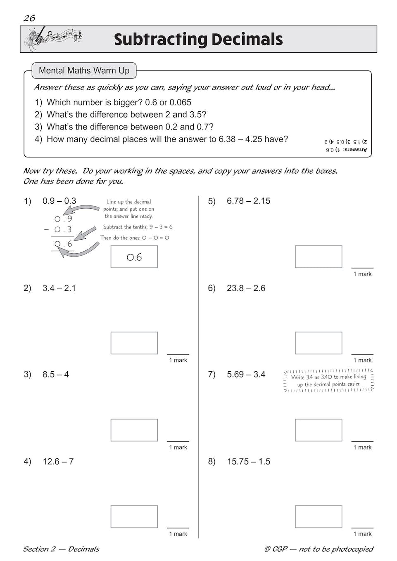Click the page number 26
pyautogui.click(x=29, y=18)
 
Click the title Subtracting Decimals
pyautogui.click(x=198, y=40)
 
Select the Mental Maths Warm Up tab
pyautogui.click(x=84, y=71)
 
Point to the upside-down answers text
pyautogui.click(x=345, y=146)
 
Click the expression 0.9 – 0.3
pyautogui.click(x=59, y=201)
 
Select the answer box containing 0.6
pyautogui.click(x=134, y=257)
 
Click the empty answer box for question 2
pyautogui.click(x=134, y=343)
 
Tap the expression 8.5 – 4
pyautogui.click(x=56, y=375)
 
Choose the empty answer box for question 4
pyautogui.click(x=134, y=516)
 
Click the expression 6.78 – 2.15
pyautogui.click(x=248, y=201)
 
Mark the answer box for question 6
pyautogui.click(x=318, y=343)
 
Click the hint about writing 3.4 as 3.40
pyautogui.click(x=329, y=380)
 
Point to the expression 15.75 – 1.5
pyautogui.click(x=248, y=462)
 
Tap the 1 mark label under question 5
pyautogui.click(x=362, y=274)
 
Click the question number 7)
pyautogui.click(x=212, y=375)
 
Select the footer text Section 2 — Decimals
pyautogui.click(x=61, y=549)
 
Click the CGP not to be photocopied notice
pyautogui.click(x=319, y=549)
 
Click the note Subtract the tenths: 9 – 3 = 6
pyautogui.click(x=138, y=227)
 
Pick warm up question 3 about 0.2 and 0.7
pyautogui.click(x=124, y=127)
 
